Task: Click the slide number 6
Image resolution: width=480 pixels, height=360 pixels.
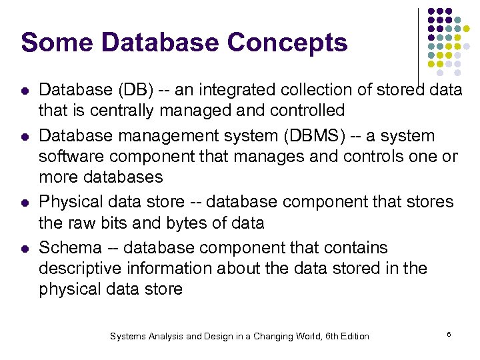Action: pos(449,333)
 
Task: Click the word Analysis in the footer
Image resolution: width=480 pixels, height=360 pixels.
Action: pos(164,337)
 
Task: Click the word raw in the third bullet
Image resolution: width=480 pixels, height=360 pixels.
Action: pos(82,223)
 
